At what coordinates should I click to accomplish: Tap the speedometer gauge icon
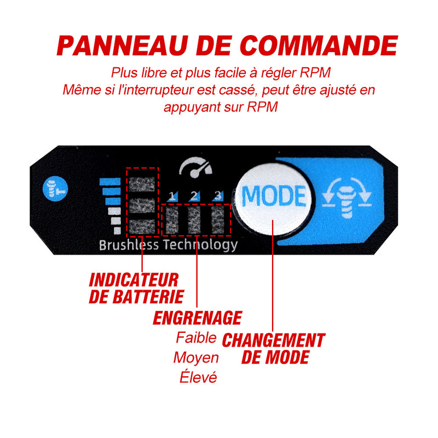(195, 169)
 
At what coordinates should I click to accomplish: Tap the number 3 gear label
(217, 195)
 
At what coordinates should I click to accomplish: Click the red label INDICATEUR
(134, 280)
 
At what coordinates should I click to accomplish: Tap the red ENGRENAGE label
(197, 318)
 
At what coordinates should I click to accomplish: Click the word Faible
(195, 337)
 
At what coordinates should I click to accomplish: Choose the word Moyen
(195, 358)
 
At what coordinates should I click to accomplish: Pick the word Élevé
(198, 378)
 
